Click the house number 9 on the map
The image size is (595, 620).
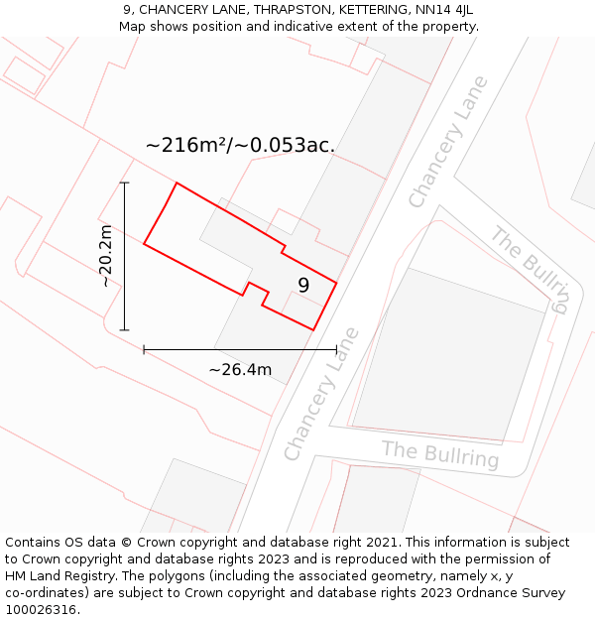[303, 286]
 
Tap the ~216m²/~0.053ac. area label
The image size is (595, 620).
[240, 145]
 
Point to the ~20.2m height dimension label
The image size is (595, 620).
[106, 256]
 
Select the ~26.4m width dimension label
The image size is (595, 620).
[240, 370]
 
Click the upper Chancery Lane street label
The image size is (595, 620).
[448, 142]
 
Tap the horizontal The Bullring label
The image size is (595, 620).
[440, 454]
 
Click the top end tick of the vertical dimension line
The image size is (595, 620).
[124, 184]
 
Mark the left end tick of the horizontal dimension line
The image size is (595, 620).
[145, 349]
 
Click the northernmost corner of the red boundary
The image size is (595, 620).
[177, 184]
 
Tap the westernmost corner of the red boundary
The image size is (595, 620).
[145, 243]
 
